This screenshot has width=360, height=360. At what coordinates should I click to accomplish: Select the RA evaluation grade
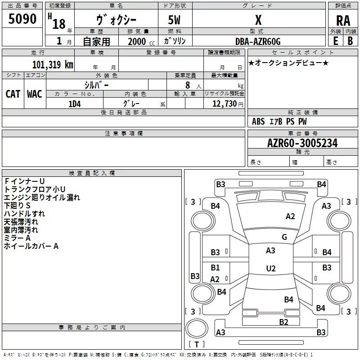(x=343, y=20)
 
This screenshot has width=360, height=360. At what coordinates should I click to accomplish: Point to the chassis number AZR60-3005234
(x=302, y=143)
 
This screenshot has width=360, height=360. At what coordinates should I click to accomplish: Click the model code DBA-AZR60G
(x=258, y=41)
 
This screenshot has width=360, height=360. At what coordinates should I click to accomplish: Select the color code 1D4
(x=74, y=104)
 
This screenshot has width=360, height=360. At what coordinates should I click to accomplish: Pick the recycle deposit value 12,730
(x=224, y=104)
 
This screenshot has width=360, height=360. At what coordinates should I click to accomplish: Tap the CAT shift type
(x=13, y=94)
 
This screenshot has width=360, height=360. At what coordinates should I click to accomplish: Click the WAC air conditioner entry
(x=35, y=94)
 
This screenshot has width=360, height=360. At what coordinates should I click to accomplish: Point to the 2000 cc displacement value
(x=138, y=41)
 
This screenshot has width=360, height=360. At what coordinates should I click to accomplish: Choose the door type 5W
(x=175, y=20)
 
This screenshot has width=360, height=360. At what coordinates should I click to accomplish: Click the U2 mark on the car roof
(x=270, y=269)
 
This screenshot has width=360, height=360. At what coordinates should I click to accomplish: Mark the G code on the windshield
(x=284, y=237)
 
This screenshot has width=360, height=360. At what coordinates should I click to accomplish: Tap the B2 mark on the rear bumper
(x=283, y=322)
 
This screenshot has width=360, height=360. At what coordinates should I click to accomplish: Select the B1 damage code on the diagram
(x=216, y=268)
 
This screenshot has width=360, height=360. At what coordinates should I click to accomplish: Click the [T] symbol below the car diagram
(x=196, y=345)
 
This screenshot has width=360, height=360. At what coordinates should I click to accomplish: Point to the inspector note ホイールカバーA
(x=31, y=246)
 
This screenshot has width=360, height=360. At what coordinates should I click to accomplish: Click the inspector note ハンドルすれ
(x=24, y=213)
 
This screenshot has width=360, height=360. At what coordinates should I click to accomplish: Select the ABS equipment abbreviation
(x=258, y=121)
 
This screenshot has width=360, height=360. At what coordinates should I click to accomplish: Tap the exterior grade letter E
(x=336, y=41)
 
